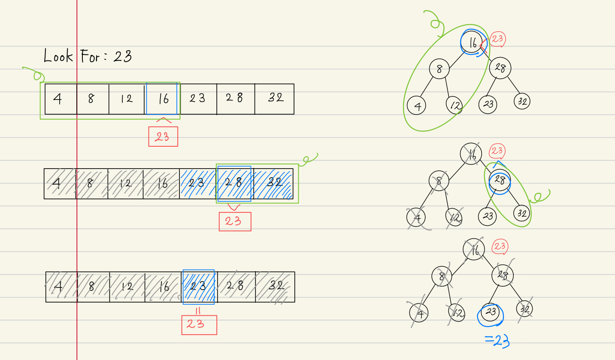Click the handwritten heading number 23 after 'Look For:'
pos(122,56)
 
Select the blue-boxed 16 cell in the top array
pos(162,99)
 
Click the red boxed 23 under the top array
pos(163,136)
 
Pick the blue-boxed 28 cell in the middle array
pos(234,183)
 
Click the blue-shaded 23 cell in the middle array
pos(197,183)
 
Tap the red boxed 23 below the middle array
pos(235,221)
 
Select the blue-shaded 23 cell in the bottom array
pos(198,286)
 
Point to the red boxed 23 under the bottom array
pos(199,325)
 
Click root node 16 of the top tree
pos(472,42)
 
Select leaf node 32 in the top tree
pos(521,101)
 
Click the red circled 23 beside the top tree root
pos(497,39)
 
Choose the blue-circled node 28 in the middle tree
pos(500,181)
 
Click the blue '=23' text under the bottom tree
pos(497,341)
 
